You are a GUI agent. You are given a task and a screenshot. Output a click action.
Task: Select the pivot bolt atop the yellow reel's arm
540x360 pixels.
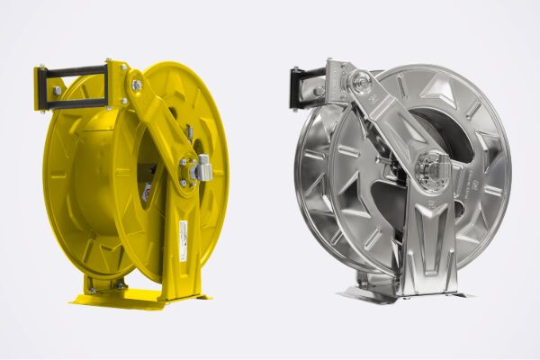(x=136, y=85)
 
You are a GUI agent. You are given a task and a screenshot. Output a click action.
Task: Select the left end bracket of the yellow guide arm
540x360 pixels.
(x=41, y=88)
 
